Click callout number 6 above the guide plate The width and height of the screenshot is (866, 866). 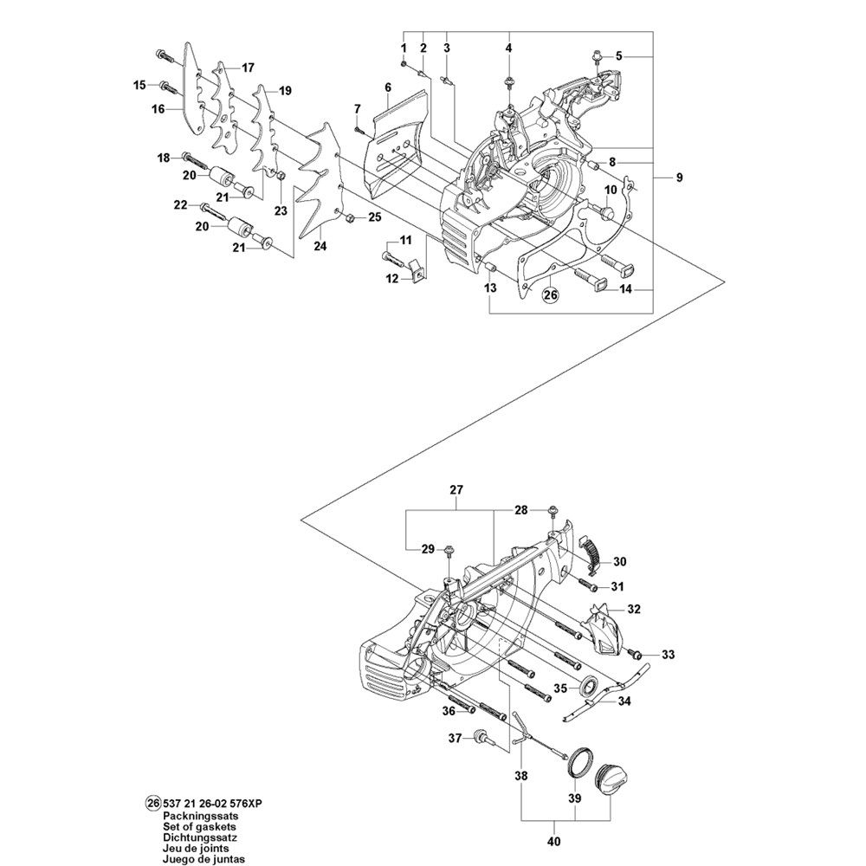[388, 87]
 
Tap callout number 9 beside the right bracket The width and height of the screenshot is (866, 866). [680, 178]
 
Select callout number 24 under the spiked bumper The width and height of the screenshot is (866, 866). [320, 247]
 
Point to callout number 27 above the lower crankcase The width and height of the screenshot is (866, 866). [456, 490]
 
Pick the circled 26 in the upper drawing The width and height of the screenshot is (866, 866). [551, 296]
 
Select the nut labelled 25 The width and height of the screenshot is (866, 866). [346, 216]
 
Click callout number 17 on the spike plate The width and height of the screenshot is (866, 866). [248, 68]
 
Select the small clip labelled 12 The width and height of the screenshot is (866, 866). [419, 271]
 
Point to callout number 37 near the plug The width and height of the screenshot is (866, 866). [453, 739]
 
